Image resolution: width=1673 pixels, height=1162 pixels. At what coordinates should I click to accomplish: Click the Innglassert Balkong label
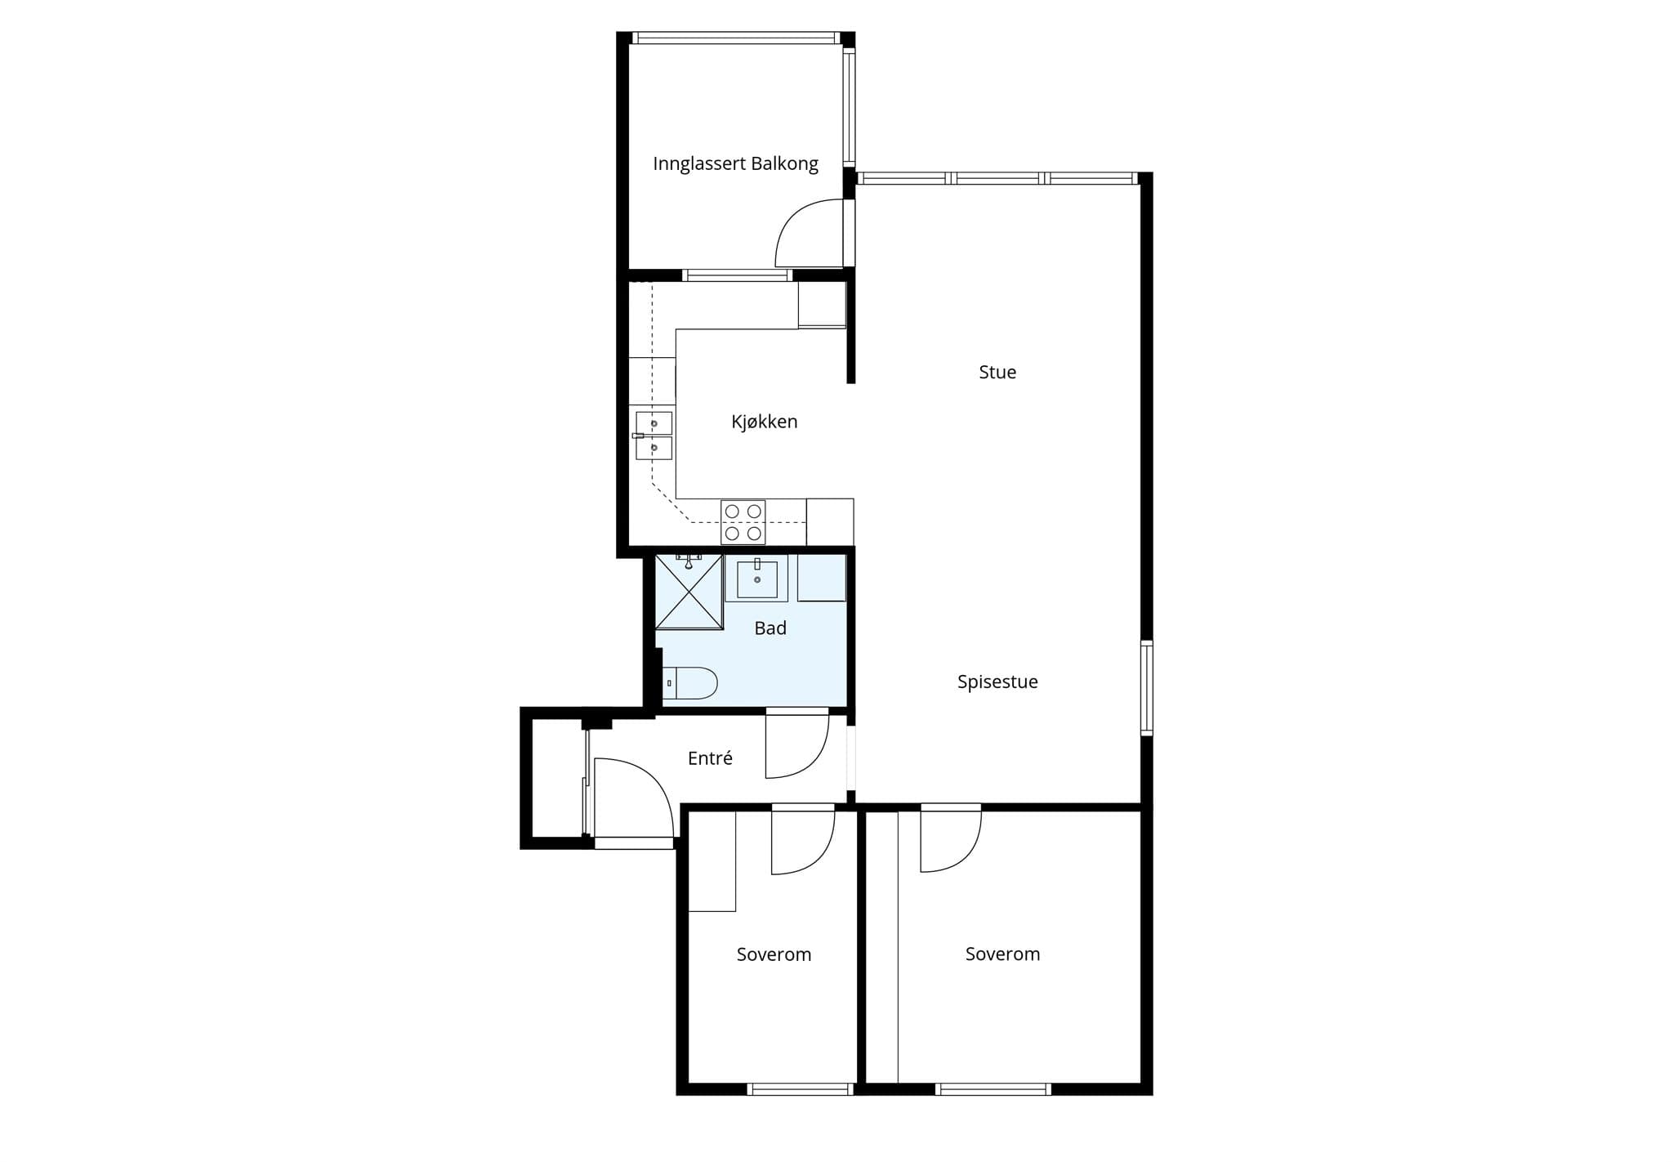(x=735, y=163)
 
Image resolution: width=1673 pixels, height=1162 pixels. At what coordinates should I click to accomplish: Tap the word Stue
(x=997, y=372)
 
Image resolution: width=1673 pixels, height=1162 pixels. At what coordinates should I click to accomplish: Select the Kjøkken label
(x=764, y=422)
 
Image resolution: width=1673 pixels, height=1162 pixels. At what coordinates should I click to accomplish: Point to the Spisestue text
(x=997, y=682)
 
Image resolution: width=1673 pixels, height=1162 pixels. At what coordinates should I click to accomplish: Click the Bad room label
(x=770, y=628)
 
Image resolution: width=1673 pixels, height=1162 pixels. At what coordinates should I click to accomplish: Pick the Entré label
(x=710, y=758)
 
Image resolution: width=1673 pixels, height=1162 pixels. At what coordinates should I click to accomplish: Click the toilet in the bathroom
(x=689, y=683)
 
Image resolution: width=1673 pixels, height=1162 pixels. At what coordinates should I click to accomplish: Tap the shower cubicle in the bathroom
(x=689, y=592)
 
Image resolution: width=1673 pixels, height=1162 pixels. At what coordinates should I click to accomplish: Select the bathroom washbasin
(x=757, y=579)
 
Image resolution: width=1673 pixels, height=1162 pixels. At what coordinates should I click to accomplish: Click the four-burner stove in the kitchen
(x=743, y=522)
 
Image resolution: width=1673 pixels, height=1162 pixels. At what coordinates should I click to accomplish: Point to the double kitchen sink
(x=654, y=436)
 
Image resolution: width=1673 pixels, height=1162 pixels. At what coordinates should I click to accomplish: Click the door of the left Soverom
(x=803, y=840)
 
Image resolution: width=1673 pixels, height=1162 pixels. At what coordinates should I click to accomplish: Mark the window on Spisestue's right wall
(x=1146, y=688)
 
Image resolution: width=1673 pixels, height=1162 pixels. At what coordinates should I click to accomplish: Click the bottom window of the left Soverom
(x=801, y=1089)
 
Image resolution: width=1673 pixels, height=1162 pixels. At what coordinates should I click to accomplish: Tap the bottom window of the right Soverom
(x=993, y=1089)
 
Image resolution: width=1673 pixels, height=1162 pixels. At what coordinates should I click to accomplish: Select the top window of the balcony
(x=736, y=38)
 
